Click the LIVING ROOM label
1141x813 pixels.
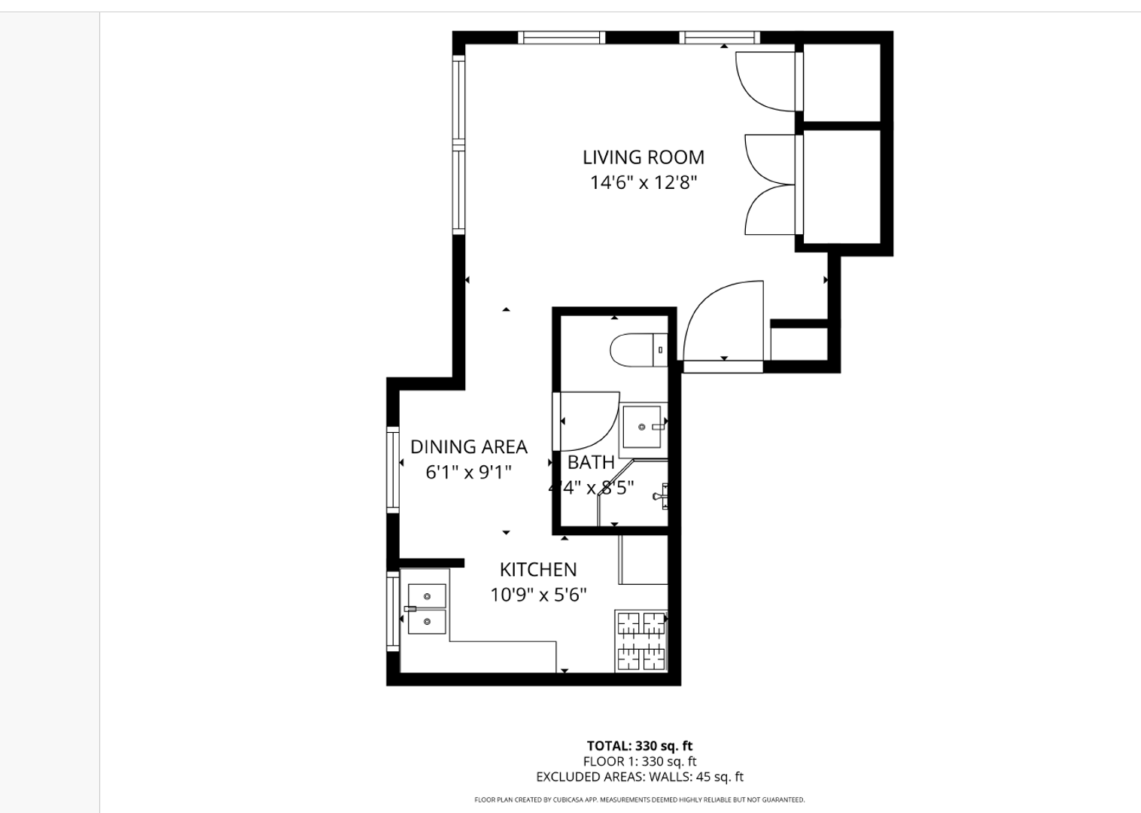click(x=643, y=157)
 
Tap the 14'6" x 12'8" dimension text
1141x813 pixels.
click(x=643, y=182)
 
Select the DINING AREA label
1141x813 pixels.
click(x=468, y=447)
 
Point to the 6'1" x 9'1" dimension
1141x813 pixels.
click(x=468, y=473)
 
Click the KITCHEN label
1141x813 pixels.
click(x=538, y=570)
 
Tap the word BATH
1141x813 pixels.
click(x=591, y=462)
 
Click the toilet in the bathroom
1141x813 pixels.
click(x=637, y=350)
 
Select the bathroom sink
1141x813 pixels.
click(x=643, y=427)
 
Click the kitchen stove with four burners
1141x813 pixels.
click(x=641, y=641)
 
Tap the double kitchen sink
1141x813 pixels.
click(x=427, y=609)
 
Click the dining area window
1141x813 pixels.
click(x=392, y=470)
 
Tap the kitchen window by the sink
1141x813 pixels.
click(x=392, y=611)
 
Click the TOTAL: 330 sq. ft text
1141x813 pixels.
click(x=639, y=746)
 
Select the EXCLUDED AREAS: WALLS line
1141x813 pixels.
click(x=639, y=777)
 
